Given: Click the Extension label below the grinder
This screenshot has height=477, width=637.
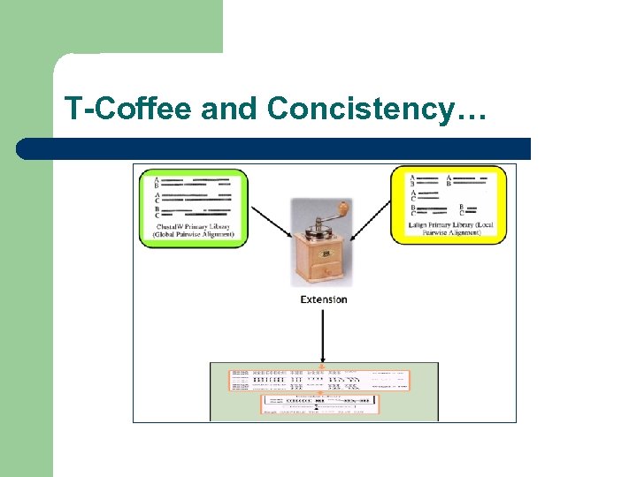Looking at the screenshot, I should click(324, 299).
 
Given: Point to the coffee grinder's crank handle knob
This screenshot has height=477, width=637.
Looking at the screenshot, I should click(343, 208).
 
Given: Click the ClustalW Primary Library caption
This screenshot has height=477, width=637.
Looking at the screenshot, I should click(193, 231).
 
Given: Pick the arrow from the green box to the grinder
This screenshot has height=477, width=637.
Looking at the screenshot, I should click(269, 222).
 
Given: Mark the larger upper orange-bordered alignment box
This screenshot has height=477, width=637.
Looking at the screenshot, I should click(319, 380).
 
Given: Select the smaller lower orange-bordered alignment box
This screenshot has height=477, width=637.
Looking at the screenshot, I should click(319, 405).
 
